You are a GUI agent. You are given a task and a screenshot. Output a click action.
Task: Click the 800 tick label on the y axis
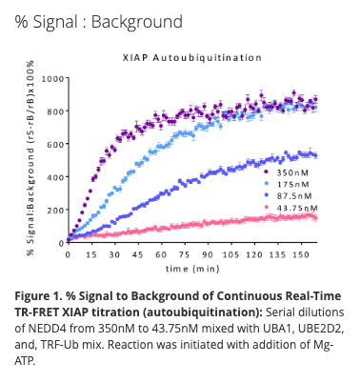tap(55, 111)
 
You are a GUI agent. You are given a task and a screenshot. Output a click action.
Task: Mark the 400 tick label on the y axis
tap(55, 176)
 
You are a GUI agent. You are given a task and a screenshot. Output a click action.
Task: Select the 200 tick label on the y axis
tap(55, 210)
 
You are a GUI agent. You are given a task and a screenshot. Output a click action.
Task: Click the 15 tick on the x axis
tap(90, 255)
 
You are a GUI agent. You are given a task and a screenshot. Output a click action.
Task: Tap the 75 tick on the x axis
tap(182, 255)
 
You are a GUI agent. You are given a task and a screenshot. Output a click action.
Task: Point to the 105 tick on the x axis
tap(229, 255)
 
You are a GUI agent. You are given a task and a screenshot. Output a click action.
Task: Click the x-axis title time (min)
tap(190, 270)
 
